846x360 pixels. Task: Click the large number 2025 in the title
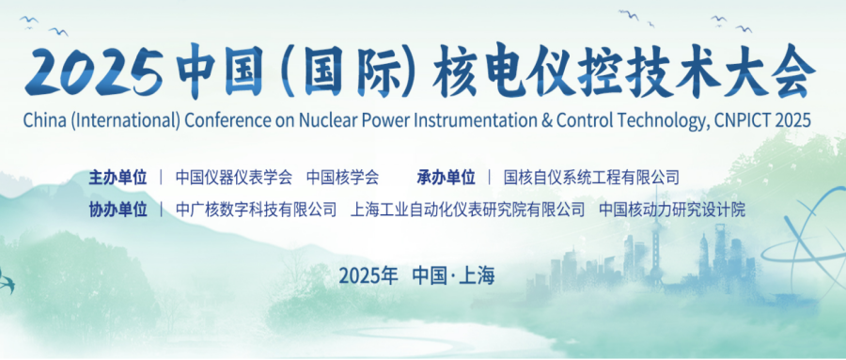(x=94, y=71)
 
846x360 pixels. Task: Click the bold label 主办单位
(x=117, y=177)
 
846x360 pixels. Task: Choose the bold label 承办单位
(x=446, y=177)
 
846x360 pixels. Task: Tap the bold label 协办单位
(x=117, y=210)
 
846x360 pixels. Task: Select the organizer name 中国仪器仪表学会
(x=234, y=177)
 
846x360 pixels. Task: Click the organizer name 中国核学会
(x=342, y=177)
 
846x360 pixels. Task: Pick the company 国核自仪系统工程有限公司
(x=591, y=177)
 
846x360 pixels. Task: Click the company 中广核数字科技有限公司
(x=257, y=210)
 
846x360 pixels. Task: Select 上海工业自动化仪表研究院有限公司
(x=467, y=210)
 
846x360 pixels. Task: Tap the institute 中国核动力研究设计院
(x=672, y=210)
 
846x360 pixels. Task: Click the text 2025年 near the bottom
(x=368, y=275)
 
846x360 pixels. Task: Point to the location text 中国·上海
(x=453, y=275)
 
